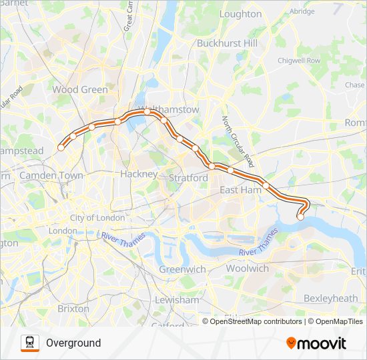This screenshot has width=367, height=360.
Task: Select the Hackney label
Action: pyautogui.click(x=139, y=174)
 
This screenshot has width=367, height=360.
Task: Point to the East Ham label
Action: pyautogui.click(x=241, y=190)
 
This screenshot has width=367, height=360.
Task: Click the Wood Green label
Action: pyautogui.click(x=80, y=89)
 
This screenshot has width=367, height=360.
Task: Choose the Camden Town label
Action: pyautogui.click(x=51, y=175)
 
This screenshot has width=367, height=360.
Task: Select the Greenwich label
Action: pyautogui.click(x=182, y=269)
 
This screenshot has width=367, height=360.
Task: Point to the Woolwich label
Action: pyautogui.click(x=247, y=268)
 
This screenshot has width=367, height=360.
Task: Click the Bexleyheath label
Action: pyautogui.click(x=330, y=298)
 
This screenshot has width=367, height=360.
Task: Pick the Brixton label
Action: pyautogui.click(x=73, y=309)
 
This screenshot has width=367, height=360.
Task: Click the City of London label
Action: pyautogui.click(x=97, y=218)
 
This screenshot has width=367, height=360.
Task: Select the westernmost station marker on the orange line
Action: pyautogui.click(x=61, y=148)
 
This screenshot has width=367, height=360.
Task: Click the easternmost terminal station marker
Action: pyautogui.click(x=300, y=217)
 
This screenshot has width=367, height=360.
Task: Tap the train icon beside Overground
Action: pyautogui.click(x=30, y=343)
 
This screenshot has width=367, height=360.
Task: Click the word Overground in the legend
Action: pyautogui.click(x=73, y=343)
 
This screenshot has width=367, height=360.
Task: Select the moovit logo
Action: pyautogui.click(x=316, y=343)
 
